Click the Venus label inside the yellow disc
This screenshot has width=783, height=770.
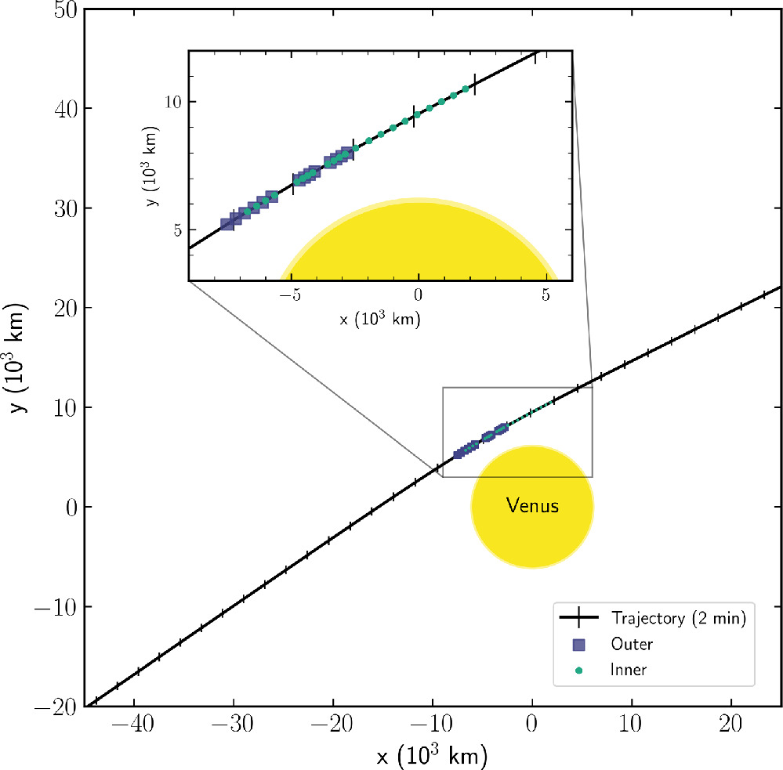click(532, 506)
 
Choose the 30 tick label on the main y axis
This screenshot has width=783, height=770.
click(63, 208)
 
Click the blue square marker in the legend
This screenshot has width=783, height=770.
click(579, 645)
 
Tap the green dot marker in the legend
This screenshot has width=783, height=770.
click(579, 670)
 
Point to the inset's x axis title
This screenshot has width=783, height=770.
click(380, 320)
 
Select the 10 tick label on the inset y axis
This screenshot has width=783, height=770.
click(172, 103)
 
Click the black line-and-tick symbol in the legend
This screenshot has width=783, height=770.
click(579, 618)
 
